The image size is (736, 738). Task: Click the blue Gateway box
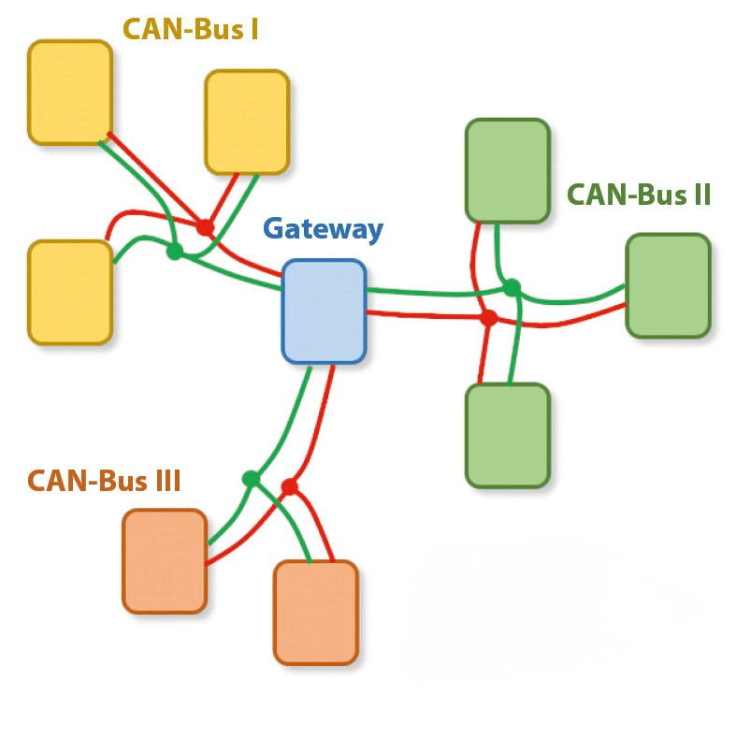point(324,311)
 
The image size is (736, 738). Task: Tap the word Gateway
point(323,229)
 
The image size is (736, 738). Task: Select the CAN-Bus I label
point(191,30)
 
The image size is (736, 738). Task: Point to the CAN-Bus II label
point(640,195)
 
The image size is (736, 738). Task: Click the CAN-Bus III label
point(104,481)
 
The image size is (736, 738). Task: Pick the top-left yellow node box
point(70,92)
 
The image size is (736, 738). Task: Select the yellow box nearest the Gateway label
point(247,122)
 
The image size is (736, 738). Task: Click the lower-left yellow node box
point(70,292)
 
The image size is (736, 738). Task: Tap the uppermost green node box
point(507,171)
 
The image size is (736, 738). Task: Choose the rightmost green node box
point(668,285)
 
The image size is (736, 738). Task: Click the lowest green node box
point(507,435)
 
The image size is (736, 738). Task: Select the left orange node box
point(164,561)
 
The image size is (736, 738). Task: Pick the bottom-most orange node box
point(315,613)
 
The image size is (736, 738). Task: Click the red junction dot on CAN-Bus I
point(205,227)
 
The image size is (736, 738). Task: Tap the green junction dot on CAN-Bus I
point(174,252)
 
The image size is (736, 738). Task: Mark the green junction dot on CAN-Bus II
point(512,287)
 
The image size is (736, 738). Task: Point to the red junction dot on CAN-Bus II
point(487,318)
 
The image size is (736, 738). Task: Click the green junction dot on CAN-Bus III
point(251,479)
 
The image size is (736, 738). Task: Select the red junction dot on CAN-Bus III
point(289,487)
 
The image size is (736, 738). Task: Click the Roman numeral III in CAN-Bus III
point(165,481)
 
